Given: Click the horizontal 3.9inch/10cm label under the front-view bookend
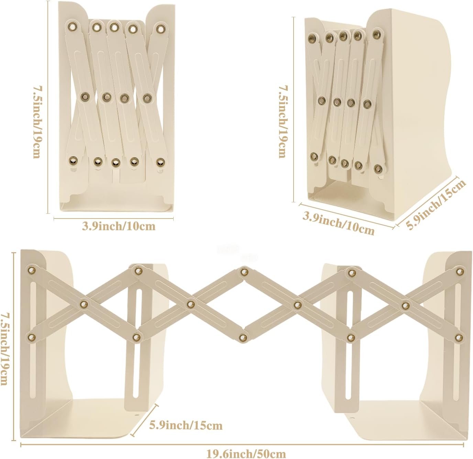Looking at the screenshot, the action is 119,226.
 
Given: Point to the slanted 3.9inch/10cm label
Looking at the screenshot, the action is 338,223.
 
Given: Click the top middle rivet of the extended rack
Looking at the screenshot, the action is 243,272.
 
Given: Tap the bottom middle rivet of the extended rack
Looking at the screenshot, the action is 243,337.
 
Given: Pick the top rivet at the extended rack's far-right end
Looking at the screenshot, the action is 459,271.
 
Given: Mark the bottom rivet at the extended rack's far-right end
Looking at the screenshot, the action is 459,337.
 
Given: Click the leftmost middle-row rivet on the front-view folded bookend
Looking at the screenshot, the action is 85,97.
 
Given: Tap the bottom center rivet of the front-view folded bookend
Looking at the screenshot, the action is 116,162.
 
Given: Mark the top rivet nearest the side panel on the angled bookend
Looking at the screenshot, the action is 376,34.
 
